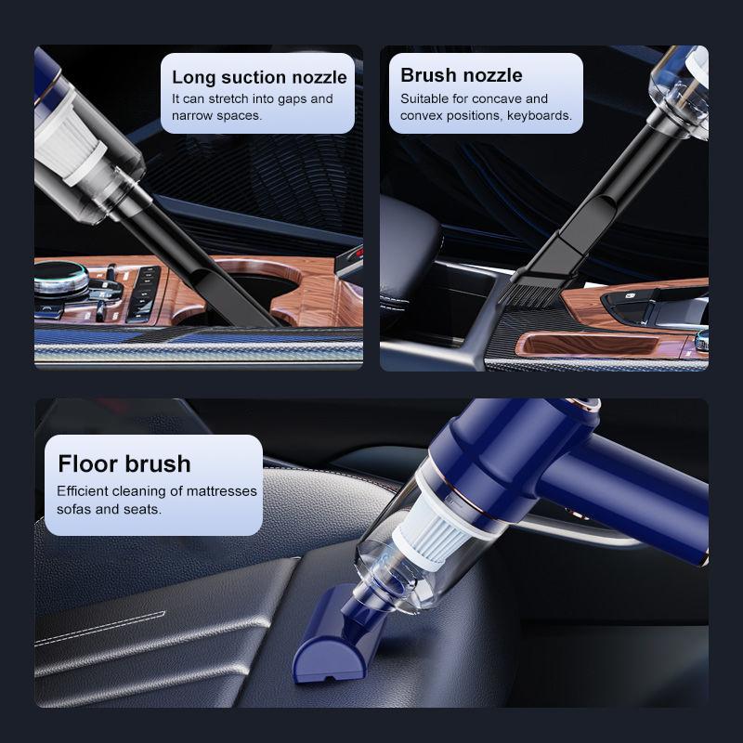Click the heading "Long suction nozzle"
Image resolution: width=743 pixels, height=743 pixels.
point(259,77)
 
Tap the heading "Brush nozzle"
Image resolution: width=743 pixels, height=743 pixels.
point(462,75)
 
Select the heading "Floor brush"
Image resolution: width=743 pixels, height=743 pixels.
point(124,463)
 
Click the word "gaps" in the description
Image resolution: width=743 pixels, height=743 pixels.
point(289,98)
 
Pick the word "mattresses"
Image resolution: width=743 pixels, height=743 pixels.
point(220,491)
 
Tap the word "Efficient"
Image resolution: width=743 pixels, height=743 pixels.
point(85,491)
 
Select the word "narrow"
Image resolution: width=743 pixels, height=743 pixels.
point(192,116)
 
